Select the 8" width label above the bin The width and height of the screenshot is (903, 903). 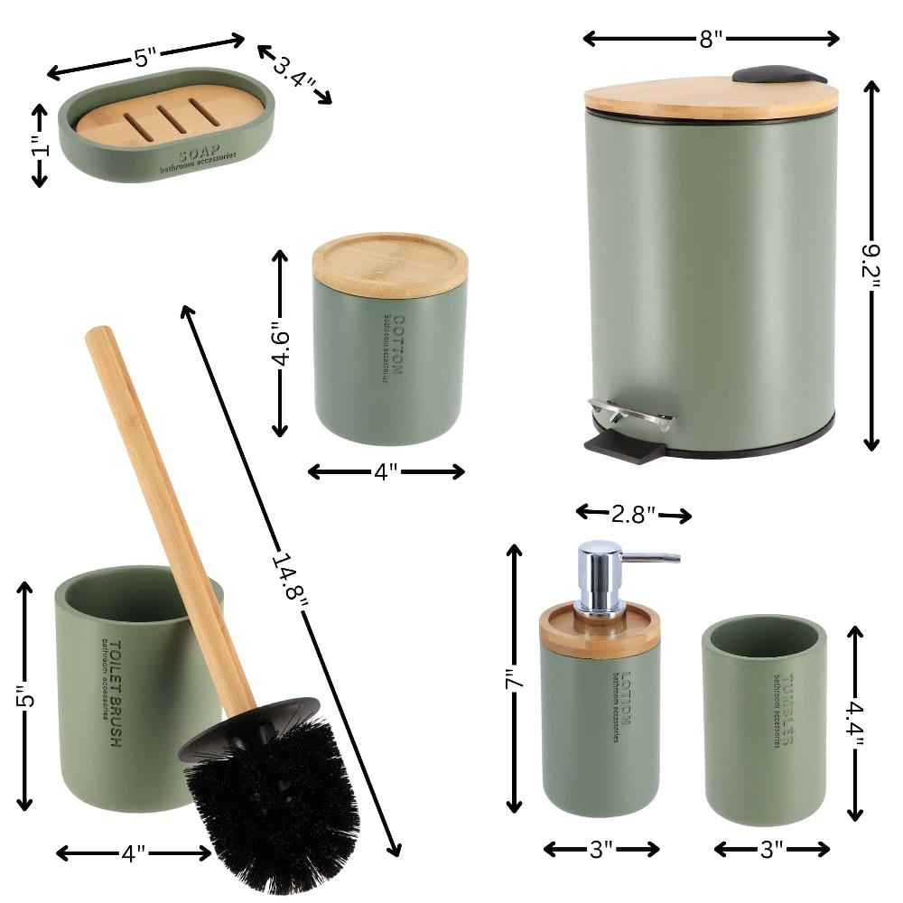712,38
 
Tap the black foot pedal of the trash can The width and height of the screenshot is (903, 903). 624,446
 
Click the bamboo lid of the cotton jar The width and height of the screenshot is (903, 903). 390,263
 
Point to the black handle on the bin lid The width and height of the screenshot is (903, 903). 778,74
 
